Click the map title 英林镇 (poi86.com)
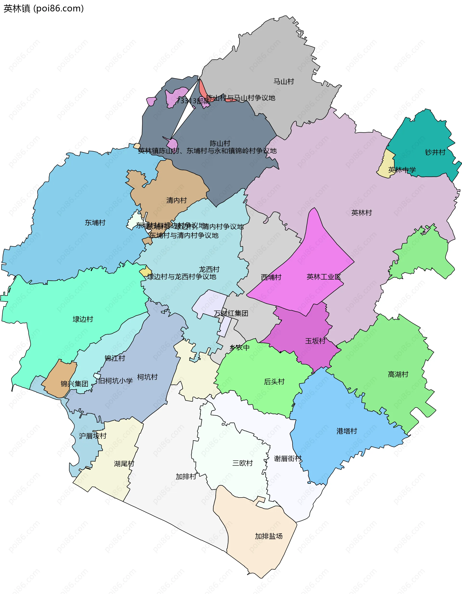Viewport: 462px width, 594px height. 44,8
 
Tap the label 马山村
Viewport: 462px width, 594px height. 283,81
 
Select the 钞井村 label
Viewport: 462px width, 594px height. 435,152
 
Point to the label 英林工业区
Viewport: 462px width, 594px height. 323,277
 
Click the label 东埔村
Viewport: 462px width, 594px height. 95,223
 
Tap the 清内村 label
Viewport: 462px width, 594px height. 177,200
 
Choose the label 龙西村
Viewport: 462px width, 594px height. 209,269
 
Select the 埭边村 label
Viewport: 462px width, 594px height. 83,319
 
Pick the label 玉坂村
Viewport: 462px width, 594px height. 315,341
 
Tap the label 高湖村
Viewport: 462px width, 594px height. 398,374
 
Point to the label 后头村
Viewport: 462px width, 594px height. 274,382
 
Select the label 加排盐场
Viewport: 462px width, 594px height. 268,536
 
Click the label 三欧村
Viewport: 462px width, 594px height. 242,463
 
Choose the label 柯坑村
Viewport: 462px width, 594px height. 147,377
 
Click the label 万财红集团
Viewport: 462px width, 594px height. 231,313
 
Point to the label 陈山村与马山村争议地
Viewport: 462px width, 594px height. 241,98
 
